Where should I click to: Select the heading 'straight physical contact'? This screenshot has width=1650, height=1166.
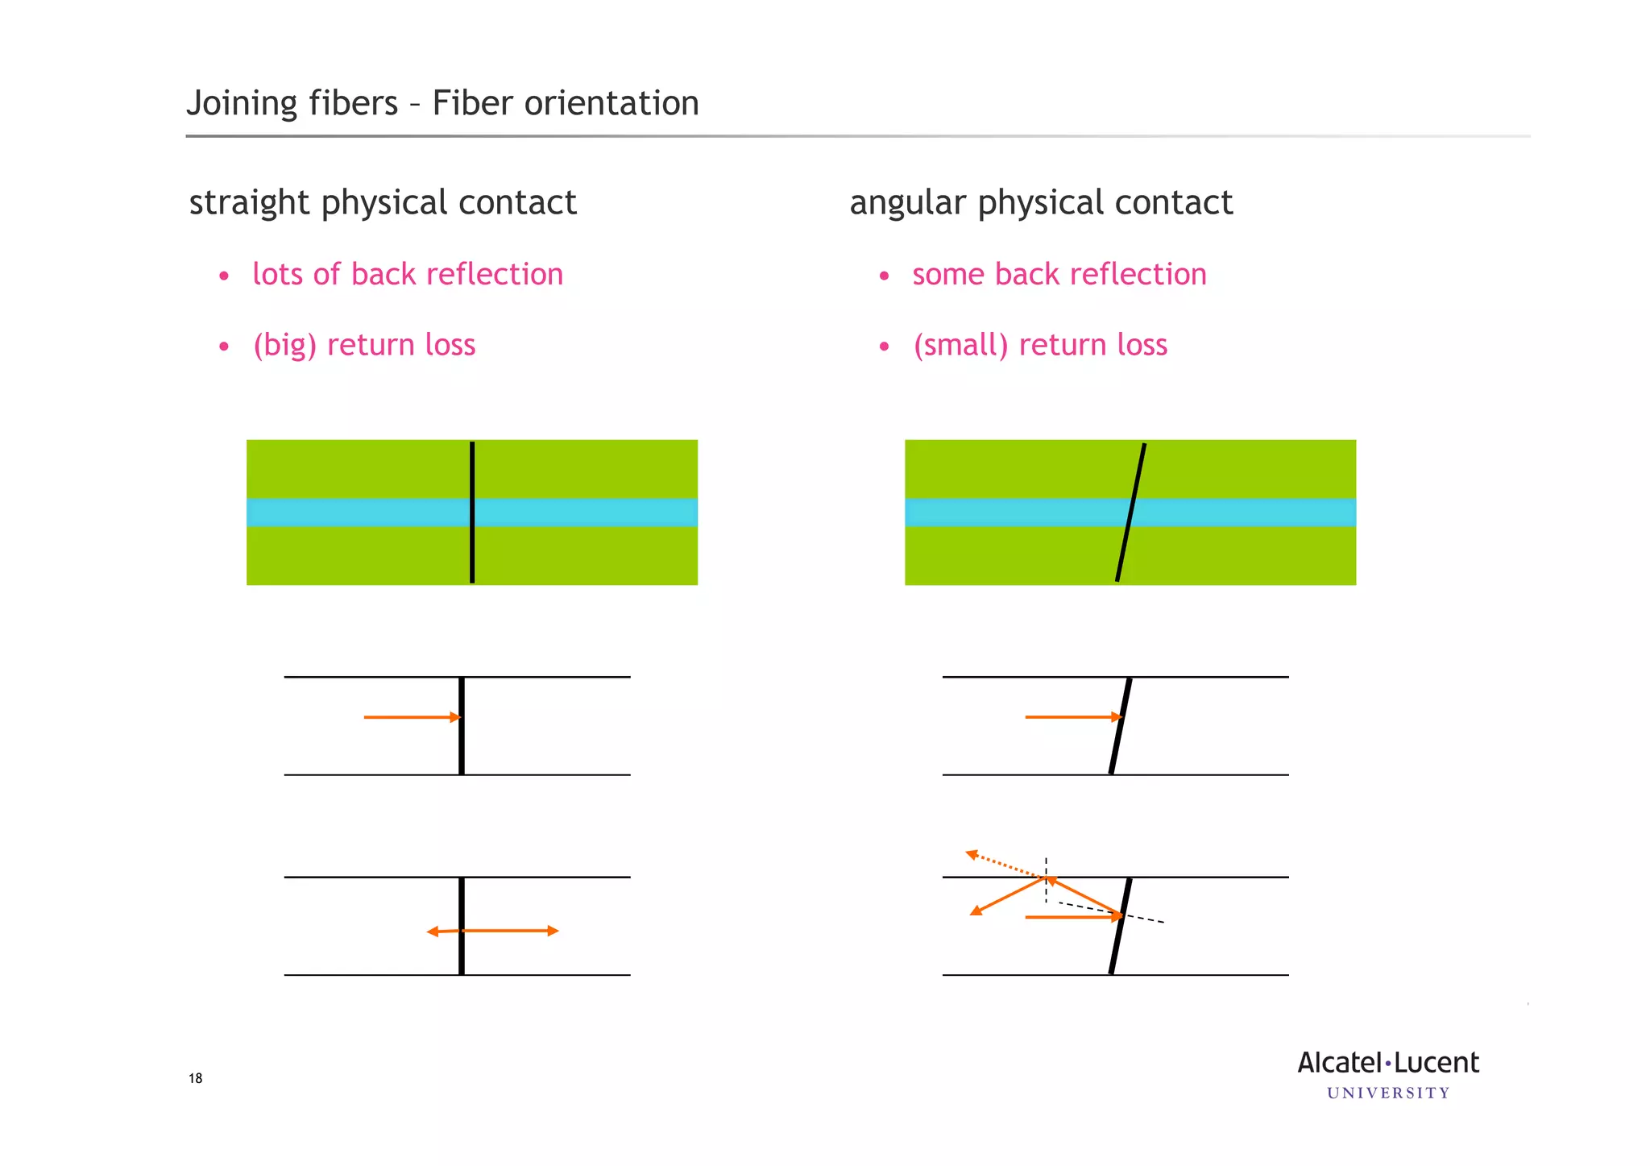click(x=383, y=202)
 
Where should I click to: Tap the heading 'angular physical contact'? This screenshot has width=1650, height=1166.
click(x=1041, y=202)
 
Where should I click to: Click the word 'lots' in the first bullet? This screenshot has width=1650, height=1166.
click(x=277, y=274)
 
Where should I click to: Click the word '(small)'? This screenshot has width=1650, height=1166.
click(x=960, y=345)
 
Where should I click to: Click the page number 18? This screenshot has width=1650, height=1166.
click(x=195, y=1078)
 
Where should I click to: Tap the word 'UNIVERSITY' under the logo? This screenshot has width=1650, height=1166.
click(x=1388, y=1093)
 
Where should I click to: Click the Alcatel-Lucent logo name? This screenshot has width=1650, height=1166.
click(x=1388, y=1063)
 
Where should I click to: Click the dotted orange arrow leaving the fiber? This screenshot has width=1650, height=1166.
click(x=1003, y=864)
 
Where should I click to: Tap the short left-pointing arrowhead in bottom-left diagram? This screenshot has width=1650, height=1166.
click(x=433, y=932)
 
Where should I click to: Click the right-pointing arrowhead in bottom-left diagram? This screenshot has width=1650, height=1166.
click(x=552, y=931)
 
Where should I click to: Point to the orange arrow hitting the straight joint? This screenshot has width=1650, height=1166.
click(x=411, y=717)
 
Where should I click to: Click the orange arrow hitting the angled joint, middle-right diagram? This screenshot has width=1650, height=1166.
click(x=1072, y=716)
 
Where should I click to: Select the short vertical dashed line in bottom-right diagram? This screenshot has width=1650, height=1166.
click(x=1046, y=880)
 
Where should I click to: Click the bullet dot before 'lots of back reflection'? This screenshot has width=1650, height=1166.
click(x=224, y=276)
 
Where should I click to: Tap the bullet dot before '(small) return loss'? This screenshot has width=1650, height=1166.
click(x=884, y=347)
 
